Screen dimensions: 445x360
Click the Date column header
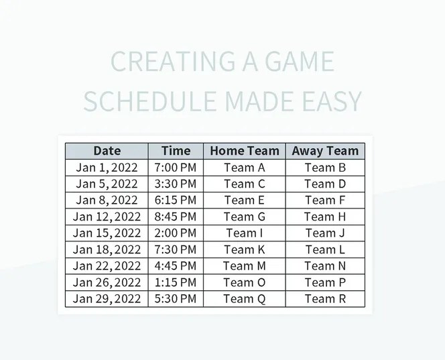[107, 151]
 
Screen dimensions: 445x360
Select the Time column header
[176, 151]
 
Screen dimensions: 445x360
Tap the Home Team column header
[245, 151]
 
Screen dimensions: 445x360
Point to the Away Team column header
[325, 151]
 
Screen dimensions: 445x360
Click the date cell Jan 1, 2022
[107, 168]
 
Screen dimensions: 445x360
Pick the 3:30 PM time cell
[176, 184]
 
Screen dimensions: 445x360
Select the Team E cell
[245, 200]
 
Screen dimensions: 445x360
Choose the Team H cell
[325, 217]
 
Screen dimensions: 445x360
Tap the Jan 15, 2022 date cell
[107, 233]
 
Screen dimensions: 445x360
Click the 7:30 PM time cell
[176, 249]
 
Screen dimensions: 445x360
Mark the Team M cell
[245, 266]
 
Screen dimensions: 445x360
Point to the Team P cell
[325, 282]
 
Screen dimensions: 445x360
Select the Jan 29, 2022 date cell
[107, 299]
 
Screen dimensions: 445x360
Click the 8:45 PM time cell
[176, 217]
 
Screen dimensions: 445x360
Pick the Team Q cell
[245, 299]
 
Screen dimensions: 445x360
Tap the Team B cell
[325, 168]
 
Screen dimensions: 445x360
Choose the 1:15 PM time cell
[176, 282]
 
